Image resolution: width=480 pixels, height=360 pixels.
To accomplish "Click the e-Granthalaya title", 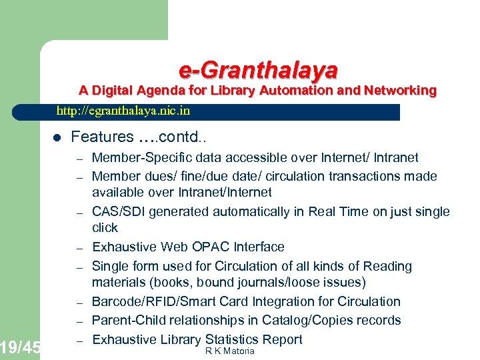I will point(258,69).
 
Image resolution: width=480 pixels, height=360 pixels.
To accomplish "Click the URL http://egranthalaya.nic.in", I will point(123,111).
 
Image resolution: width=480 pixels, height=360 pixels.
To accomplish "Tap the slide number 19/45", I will point(20,347).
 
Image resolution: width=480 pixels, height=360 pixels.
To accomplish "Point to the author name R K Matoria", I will point(230,351).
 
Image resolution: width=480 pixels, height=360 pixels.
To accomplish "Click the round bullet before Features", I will point(57,138).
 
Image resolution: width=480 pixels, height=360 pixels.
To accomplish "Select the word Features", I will point(102,137).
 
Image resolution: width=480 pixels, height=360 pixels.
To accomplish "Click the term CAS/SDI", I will point(119,211).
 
